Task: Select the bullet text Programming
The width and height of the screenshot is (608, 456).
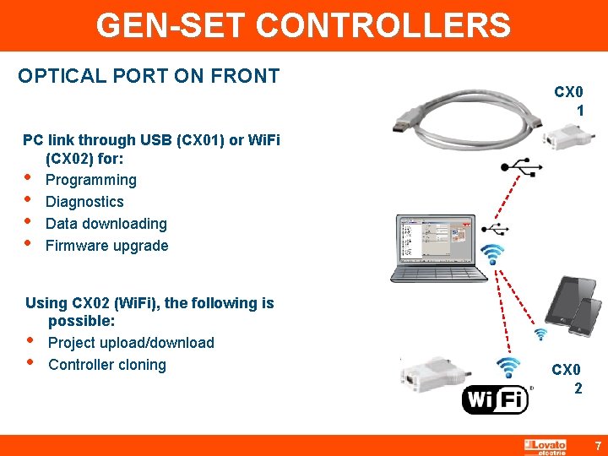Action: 90,180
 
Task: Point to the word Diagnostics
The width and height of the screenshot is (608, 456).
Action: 84,202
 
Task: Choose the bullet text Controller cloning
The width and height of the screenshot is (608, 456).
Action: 107,365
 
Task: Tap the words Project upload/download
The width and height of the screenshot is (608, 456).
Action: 131,343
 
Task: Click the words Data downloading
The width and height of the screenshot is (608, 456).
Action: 106,224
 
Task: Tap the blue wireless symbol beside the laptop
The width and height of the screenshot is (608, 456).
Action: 492,254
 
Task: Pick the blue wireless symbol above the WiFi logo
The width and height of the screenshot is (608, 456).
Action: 508,367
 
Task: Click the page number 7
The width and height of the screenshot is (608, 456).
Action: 597,445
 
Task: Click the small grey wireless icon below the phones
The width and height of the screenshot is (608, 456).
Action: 553,339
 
